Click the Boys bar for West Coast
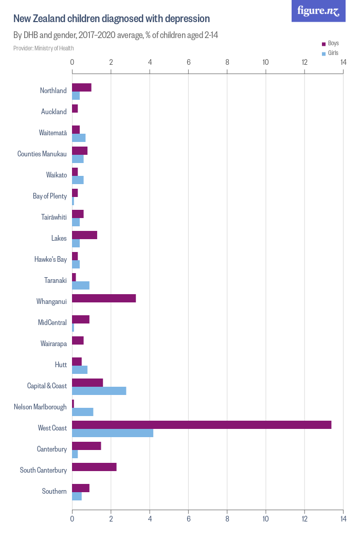[202, 425]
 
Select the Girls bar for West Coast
[113, 433]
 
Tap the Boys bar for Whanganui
[104, 298]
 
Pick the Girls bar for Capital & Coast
[99, 391]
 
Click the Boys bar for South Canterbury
[94, 467]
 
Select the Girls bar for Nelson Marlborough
[83, 412]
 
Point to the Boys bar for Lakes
[84, 235]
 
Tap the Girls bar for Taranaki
[81, 285]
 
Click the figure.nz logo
[318, 11]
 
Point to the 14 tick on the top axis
[343, 63]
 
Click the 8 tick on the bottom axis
[227, 519]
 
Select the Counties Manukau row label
[42, 154]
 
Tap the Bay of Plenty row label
[50, 196]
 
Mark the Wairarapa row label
[53, 344]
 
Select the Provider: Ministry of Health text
[44, 48]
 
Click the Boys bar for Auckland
[75, 109]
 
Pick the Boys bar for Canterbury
[86, 446]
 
